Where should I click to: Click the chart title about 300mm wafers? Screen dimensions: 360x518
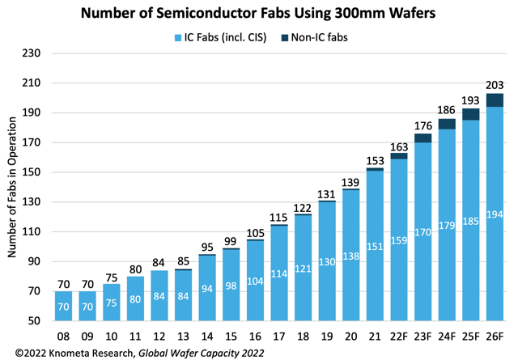[258, 13]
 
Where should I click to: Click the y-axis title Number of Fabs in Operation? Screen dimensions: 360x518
[13, 187]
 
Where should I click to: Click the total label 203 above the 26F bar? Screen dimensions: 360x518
[495, 85]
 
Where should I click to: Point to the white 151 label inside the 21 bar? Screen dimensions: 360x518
[375, 247]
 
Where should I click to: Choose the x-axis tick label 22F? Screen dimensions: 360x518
[399, 334]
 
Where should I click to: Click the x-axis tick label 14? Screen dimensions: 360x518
[207, 334]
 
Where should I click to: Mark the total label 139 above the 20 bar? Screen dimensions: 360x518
[351, 180]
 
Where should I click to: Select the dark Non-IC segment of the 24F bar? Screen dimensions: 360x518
[447, 124]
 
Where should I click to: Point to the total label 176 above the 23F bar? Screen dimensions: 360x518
[423, 125]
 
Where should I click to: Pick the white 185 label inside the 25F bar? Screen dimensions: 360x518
[471, 220]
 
